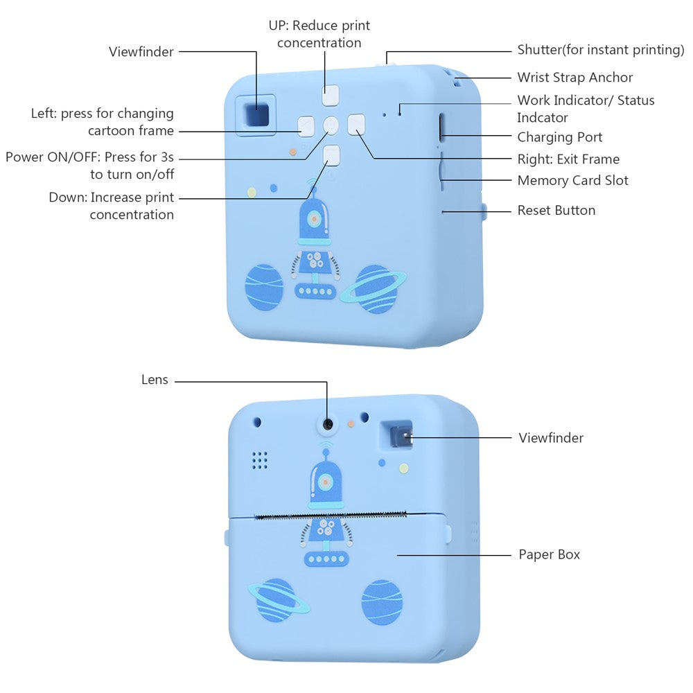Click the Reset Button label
[556, 210]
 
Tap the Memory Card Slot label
[572, 180]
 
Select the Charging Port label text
[560, 137]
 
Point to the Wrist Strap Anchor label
[574, 77]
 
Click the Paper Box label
[549, 554]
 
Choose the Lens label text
[155, 380]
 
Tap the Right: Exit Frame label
[568, 159]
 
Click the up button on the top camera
[331, 95]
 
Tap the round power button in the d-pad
[331, 125]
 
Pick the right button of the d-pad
[356, 124]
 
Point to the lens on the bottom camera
[326, 423]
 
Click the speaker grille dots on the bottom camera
[259, 459]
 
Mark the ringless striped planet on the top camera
[263, 287]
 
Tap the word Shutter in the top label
[539, 50]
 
